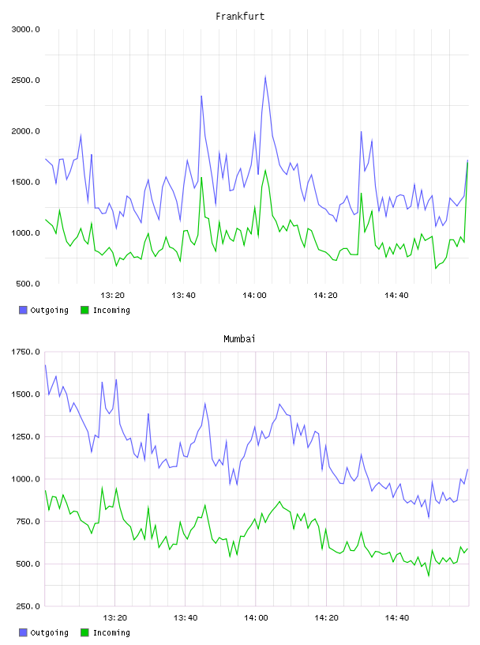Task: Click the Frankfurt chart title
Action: point(240,17)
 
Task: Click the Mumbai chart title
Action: point(239,339)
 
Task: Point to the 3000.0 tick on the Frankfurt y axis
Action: point(25,29)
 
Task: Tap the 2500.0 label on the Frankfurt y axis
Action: point(25,80)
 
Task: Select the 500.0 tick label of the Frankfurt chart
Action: point(28,284)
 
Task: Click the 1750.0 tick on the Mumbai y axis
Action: point(25,352)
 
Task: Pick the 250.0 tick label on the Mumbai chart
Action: point(28,606)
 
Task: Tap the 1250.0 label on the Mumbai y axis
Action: point(25,436)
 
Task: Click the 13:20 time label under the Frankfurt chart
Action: point(113,295)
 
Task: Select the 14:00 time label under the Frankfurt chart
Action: point(254,295)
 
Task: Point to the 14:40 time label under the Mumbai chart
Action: point(397,617)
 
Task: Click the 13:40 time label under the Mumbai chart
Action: point(186,617)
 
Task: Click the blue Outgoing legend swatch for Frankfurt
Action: point(23,310)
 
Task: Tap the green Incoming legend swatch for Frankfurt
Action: point(84,310)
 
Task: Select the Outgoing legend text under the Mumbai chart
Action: point(49,632)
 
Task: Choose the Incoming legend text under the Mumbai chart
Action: point(111,632)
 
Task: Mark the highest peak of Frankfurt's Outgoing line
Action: point(265,76)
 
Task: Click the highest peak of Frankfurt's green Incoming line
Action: point(467,163)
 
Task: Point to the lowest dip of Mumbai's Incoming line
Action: point(429,576)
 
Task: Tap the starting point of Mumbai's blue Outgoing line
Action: point(45,365)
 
